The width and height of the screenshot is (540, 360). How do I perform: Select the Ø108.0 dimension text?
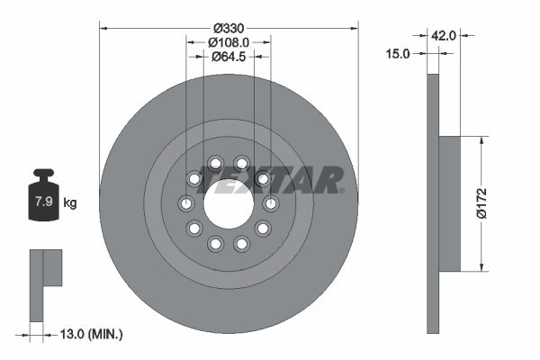point(229,41)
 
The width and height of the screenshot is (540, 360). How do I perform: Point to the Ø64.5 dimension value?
point(229,58)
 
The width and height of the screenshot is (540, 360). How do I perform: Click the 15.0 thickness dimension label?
point(397,53)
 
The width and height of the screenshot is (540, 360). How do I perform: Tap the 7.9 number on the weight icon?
point(42,202)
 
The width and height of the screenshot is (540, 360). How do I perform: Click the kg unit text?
point(70,202)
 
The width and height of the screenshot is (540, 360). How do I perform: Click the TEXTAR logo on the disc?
point(270,180)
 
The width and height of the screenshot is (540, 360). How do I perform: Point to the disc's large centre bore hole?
point(228,203)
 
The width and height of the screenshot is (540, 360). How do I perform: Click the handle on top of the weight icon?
point(42,175)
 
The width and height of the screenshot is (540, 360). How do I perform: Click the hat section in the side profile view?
point(449,203)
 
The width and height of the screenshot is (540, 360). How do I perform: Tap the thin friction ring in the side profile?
point(432,203)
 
